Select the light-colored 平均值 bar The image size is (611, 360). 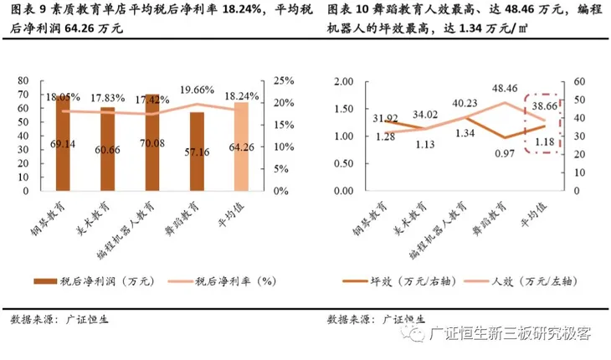241,147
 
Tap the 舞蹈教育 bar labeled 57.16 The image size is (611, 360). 197,151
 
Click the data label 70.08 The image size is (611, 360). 151,143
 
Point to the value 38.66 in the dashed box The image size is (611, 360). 547,108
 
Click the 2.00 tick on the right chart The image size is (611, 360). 343,81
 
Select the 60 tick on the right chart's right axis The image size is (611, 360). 577,81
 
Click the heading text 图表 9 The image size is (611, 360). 29,10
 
